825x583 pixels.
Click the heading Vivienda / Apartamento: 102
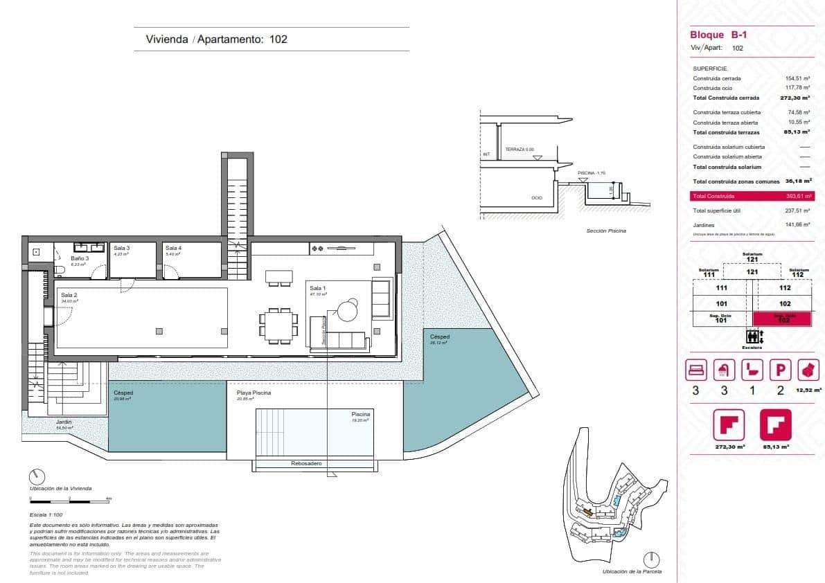(x=216, y=39)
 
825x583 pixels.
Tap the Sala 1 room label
(x=318, y=288)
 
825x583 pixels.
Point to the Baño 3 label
(x=80, y=258)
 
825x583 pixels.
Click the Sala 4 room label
(x=173, y=248)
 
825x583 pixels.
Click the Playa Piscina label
(x=254, y=393)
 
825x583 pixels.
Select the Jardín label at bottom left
(x=64, y=422)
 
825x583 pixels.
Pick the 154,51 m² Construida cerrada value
(x=797, y=78)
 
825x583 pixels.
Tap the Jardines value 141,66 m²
(x=797, y=224)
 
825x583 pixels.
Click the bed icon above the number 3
(x=695, y=370)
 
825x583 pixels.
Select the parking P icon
(x=780, y=370)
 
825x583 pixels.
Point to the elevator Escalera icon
(x=752, y=337)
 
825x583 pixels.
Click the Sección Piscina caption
(x=605, y=231)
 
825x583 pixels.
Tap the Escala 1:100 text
(x=46, y=515)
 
